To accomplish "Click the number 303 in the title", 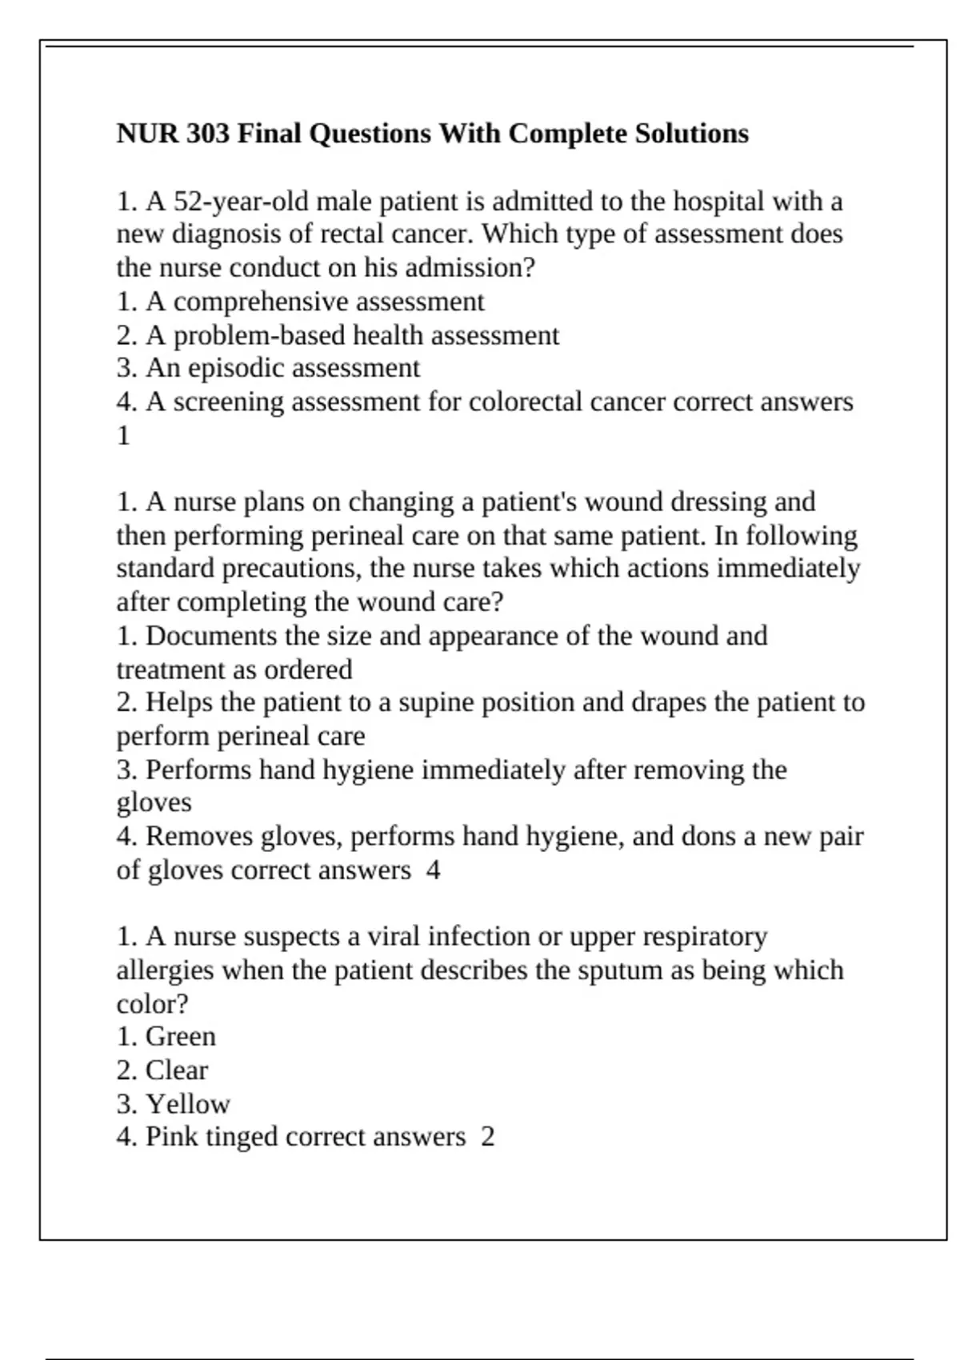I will tap(208, 133).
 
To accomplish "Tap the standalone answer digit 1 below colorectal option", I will tap(123, 435).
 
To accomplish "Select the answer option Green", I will tap(181, 1036).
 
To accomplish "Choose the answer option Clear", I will tap(177, 1070).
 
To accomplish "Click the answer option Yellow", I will tap(188, 1104).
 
